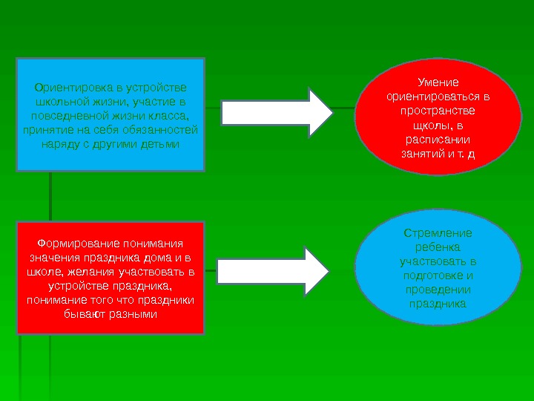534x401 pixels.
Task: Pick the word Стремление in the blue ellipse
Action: click(x=438, y=232)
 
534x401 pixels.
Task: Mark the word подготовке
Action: click(x=438, y=276)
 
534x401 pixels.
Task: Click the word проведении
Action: click(x=438, y=290)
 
